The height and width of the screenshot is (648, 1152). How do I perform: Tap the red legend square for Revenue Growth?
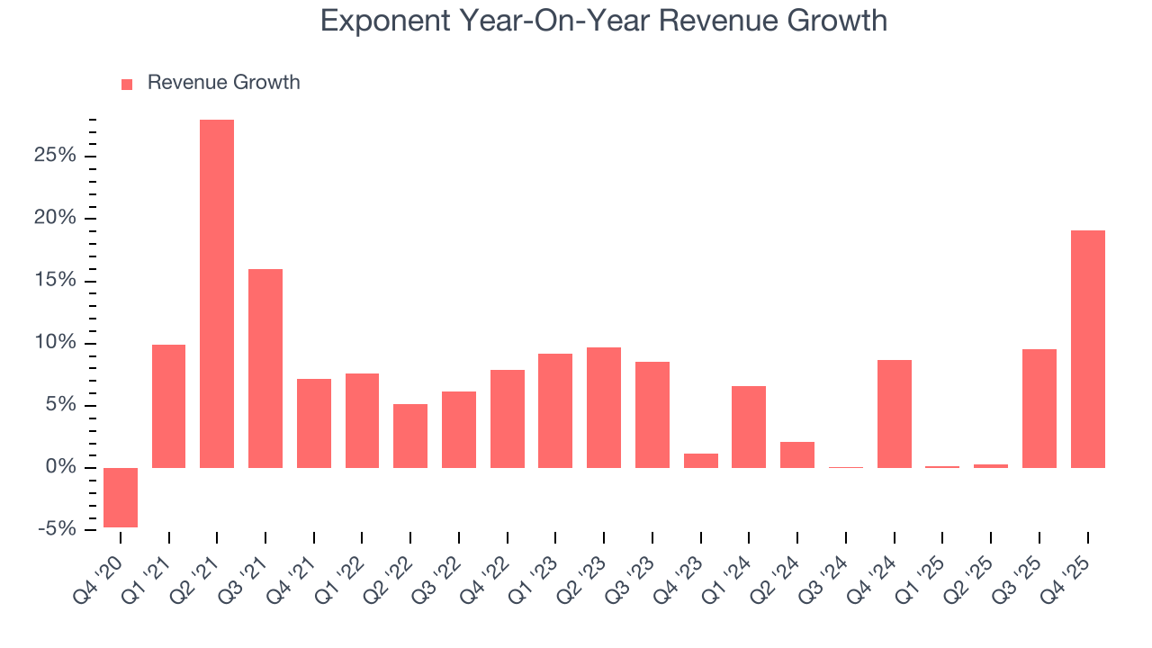[127, 84]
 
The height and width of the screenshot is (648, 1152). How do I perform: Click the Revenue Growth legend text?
[223, 83]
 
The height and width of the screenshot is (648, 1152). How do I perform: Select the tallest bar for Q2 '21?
[217, 293]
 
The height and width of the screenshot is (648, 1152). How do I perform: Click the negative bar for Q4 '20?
[121, 497]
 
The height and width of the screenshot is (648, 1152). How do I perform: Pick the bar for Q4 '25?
[1087, 349]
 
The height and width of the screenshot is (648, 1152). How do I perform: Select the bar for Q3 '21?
[265, 368]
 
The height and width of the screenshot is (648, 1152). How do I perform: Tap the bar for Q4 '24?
[894, 414]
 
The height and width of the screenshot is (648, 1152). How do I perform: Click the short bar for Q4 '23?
[701, 461]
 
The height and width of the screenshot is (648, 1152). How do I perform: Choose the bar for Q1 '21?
[169, 406]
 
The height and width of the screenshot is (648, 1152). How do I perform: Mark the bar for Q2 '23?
[604, 408]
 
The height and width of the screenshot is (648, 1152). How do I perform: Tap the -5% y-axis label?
[58, 529]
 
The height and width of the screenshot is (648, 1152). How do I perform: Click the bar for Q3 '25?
[1039, 409]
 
